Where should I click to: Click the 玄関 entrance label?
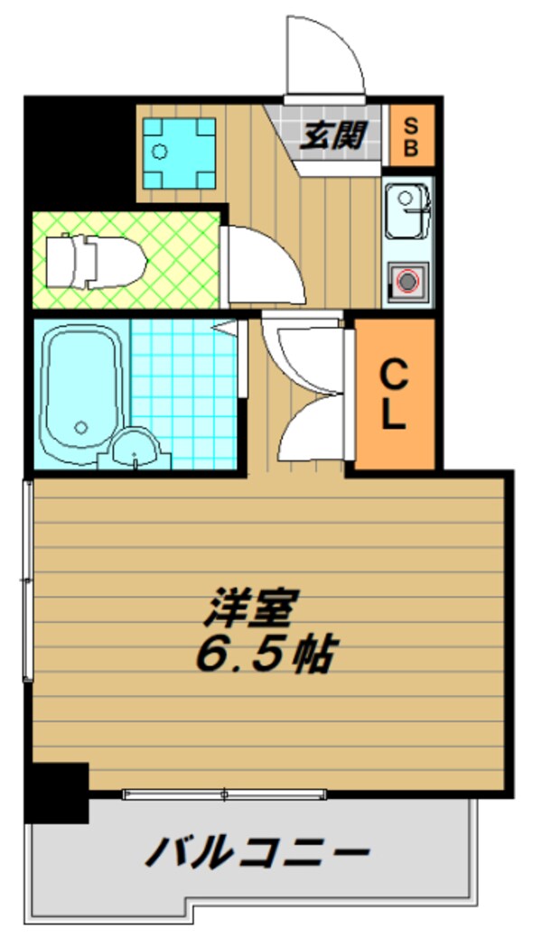(x=332, y=137)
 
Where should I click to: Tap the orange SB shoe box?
(x=410, y=136)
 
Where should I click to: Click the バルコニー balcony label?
(x=257, y=851)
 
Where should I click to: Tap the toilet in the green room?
(x=95, y=261)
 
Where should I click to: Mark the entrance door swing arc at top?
(x=325, y=56)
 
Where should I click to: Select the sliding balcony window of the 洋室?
(x=224, y=794)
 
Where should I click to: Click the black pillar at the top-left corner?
(x=78, y=149)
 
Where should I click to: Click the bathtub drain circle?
(x=82, y=428)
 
